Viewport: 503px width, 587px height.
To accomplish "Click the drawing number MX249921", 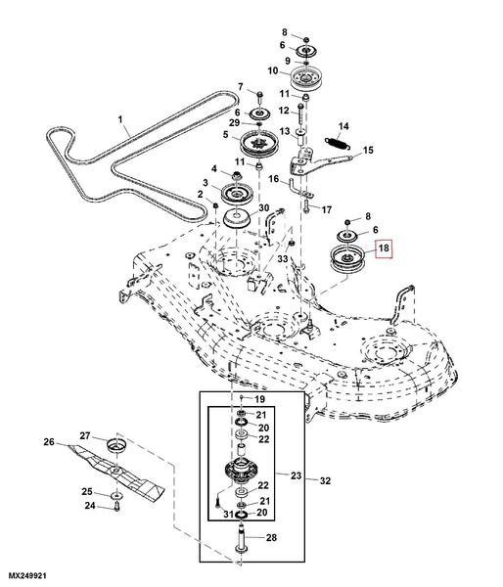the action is click(27, 575).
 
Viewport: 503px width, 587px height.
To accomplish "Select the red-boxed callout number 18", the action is click(384, 248).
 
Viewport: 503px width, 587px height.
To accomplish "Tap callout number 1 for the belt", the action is click(120, 119).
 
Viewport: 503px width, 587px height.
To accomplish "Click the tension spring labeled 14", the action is click(337, 143).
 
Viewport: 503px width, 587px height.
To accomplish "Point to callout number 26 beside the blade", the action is click(49, 442).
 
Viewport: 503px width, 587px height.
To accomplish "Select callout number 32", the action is click(325, 480).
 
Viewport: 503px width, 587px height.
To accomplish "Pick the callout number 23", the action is click(296, 475).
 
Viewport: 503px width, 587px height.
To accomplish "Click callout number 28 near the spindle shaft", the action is click(271, 538).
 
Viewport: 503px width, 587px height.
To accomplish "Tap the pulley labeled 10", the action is click(306, 78).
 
